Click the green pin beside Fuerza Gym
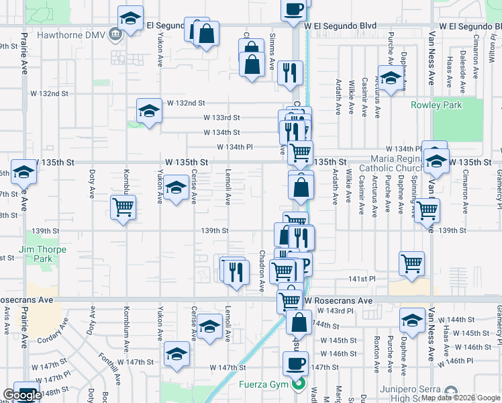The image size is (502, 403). pyautogui.click(x=299, y=386)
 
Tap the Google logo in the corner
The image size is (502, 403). pyautogui.click(x=22, y=396)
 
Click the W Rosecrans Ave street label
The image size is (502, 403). pyautogui.click(x=338, y=301)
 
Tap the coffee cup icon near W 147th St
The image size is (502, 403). pyautogui.click(x=295, y=363)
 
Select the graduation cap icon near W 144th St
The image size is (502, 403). pyautogui.click(x=413, y=320)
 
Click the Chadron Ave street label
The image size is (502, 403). pyautogui.click(x=262, y=271)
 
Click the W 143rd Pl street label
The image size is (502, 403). pyautogui.click(x=338, y=311)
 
